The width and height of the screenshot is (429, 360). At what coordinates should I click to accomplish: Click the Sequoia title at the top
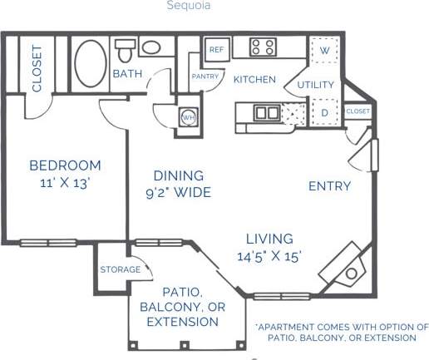click(188, 5)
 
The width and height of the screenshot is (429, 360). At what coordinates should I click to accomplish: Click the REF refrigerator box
click(217, 49)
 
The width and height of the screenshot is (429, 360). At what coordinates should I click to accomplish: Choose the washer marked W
click(323, 49)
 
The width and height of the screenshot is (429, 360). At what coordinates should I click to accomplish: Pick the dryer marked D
click(323, 111)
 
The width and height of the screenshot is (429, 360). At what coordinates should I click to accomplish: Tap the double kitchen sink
click(267, 112)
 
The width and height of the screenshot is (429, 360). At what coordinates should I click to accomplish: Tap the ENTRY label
click(329, 185)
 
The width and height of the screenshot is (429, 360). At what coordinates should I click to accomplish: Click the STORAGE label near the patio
click(121, 269)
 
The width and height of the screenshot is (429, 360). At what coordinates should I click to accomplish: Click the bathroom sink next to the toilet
click(151, 46)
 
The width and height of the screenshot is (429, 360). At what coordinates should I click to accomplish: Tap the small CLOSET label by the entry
click(357, 111)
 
